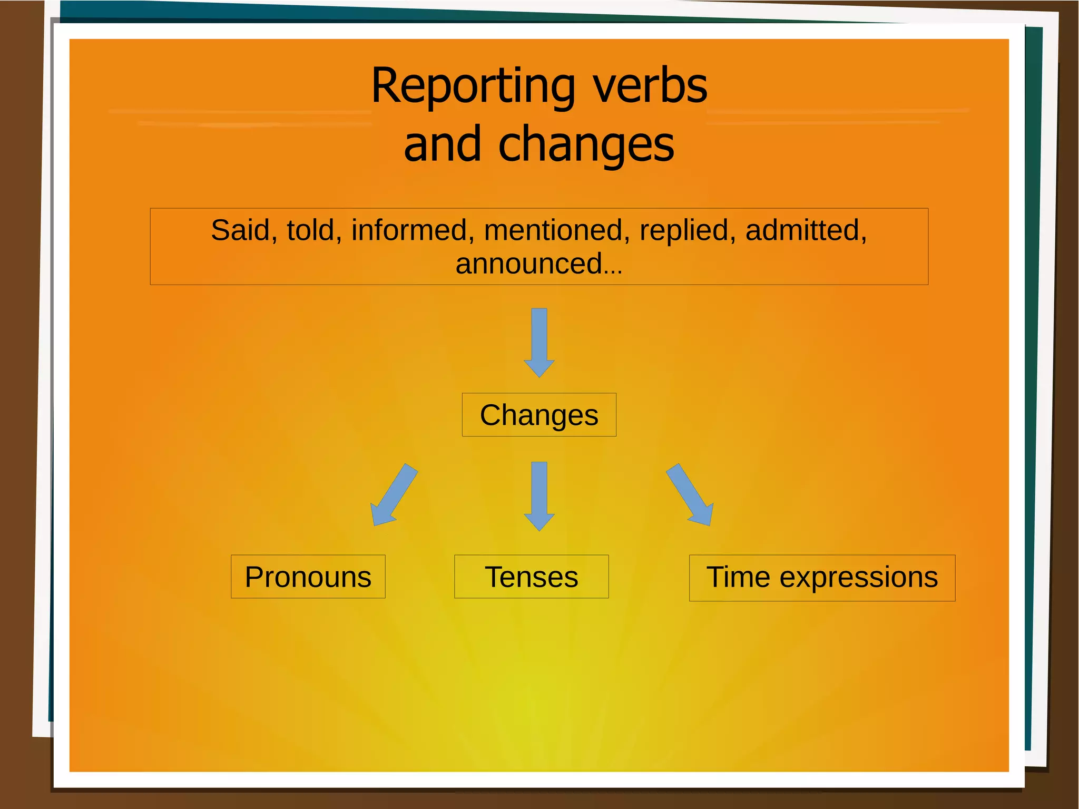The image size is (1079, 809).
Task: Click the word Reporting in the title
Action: (473, 87)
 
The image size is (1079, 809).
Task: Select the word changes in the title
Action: (586, 145)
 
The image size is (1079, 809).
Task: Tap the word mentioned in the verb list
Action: (553, 231)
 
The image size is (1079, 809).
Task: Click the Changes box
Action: (539, 415)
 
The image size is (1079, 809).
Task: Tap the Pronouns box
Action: (308, 577)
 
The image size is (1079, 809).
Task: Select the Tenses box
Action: (531, 577)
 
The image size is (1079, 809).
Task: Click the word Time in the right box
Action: (739, 577)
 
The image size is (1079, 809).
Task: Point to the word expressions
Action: (859, 578)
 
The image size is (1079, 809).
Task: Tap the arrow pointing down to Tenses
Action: (539, 495)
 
